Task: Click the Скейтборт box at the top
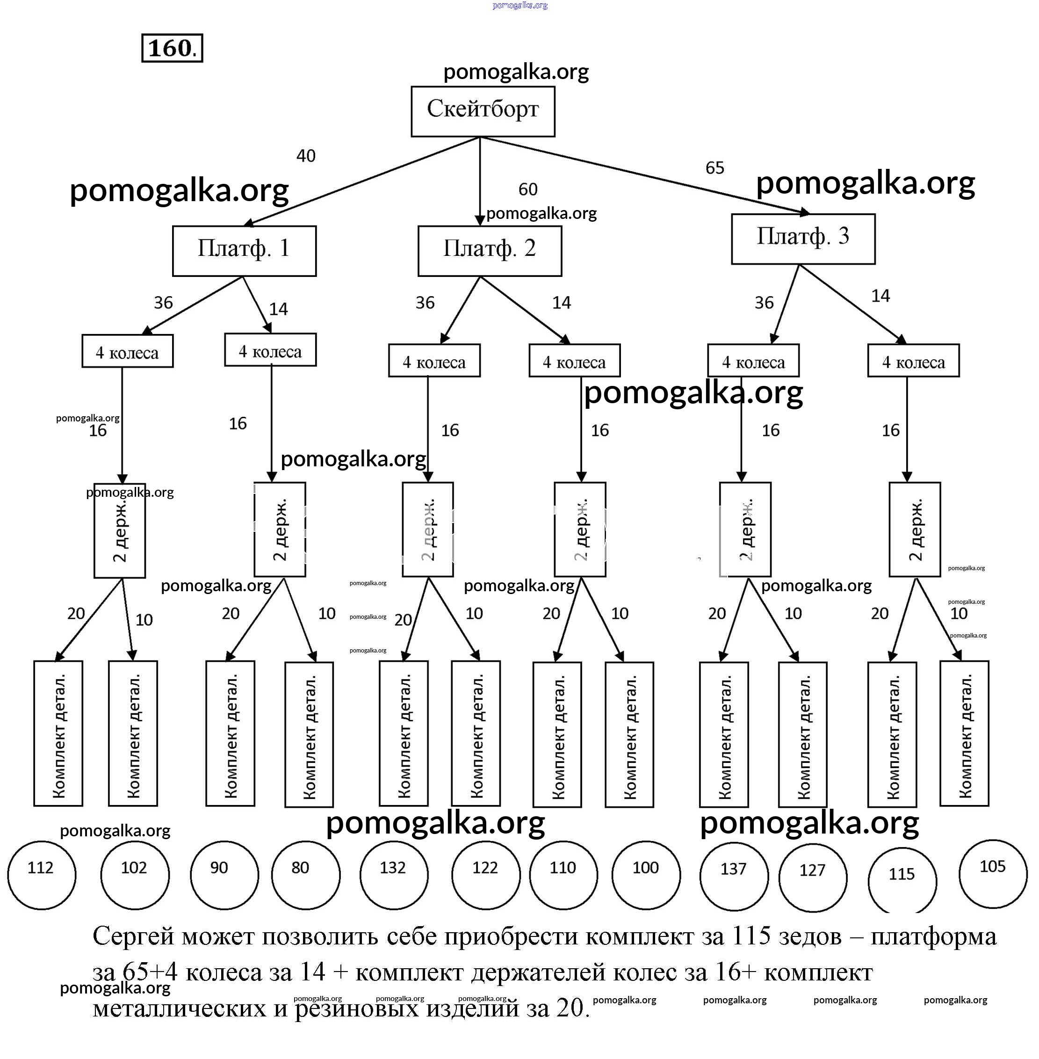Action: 483,111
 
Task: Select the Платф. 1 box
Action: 244,251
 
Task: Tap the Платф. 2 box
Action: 490,251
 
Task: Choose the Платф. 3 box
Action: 803,239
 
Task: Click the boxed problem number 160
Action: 172,48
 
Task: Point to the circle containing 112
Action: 42,875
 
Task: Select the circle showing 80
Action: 306,875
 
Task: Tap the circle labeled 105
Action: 993,873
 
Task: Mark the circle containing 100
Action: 646,875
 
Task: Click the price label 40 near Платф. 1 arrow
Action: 306,156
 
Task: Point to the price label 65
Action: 714,167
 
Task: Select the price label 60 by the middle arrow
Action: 528,189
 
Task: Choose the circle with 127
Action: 813,877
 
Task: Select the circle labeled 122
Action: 486,875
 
